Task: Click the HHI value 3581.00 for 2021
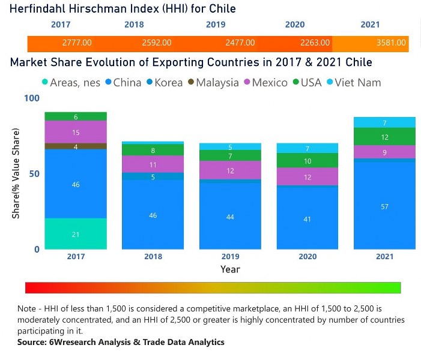point(391,43)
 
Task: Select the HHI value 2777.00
point(76,43)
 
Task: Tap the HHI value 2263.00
point(315,43)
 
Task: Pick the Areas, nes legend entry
point(71,83)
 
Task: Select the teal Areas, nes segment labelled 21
point(76,234)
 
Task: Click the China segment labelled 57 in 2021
point(384,206)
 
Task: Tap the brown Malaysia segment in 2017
point(76,146)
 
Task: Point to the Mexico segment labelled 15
point(76,132)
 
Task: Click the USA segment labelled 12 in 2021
point(384,137)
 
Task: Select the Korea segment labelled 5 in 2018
point(153,176)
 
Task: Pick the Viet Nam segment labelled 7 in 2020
point(307,148)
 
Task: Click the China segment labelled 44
point(230,216)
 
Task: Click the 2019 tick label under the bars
point(230,256)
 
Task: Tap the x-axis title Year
point(230,269)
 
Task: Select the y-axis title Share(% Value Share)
point(16,174)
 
